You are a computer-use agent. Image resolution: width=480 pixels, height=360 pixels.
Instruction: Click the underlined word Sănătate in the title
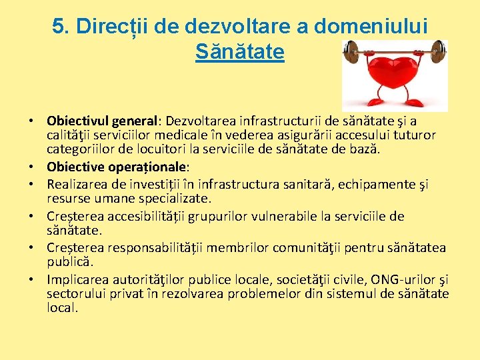(x=240, y=51)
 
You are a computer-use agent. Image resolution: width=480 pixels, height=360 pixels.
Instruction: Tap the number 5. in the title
(x=61, y=26)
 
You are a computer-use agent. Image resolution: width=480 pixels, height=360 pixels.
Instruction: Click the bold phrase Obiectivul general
(x=100, y=121)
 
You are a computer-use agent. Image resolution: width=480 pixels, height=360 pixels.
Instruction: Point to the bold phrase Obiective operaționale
(x=117, y=167)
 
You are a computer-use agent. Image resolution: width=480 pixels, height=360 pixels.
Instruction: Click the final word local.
(x=62, y=307)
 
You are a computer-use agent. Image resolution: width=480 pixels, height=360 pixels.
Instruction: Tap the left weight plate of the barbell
(x=352, y=51)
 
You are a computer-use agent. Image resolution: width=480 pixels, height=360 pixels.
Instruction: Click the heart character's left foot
(x=375, y=103)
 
